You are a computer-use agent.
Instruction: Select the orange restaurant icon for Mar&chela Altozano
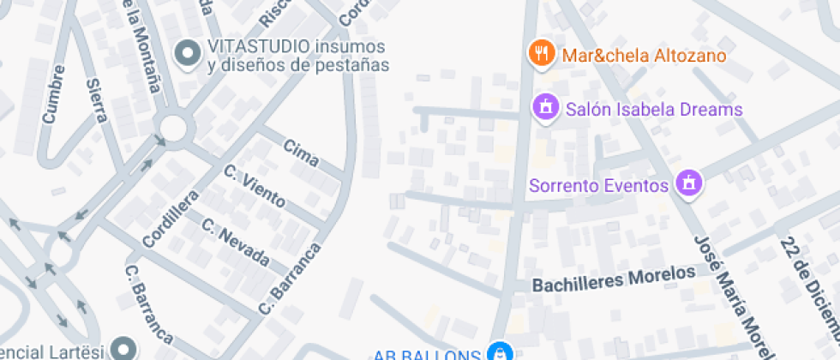(540, 54)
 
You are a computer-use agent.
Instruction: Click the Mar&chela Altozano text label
(644, 56)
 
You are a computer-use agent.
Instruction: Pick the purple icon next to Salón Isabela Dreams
(543, 109)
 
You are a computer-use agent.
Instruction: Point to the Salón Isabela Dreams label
(654, 110)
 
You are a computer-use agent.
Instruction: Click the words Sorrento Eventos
(598, 185)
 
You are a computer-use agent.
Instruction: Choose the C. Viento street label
(255, 186)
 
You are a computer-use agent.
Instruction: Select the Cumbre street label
(53, 94)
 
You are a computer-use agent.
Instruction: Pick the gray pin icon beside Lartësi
(125, 349)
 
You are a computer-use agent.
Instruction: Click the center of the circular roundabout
(172, 129)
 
